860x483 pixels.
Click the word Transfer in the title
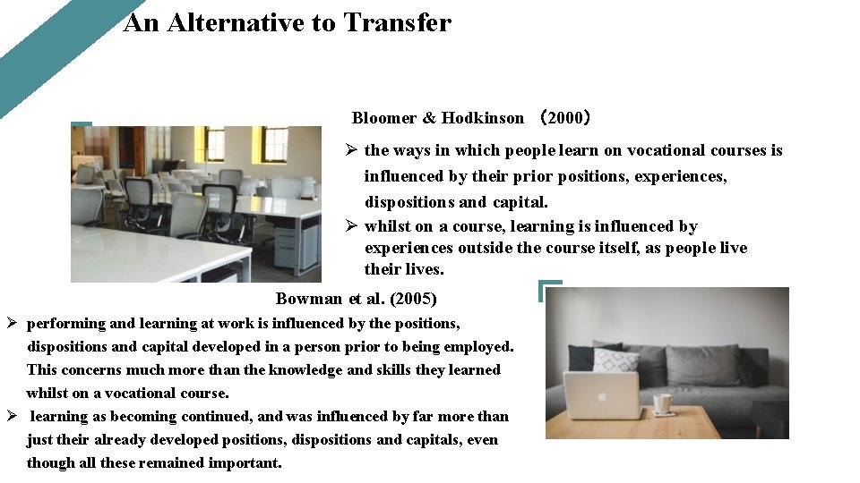point(397,22)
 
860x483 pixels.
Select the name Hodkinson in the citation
point(482,118)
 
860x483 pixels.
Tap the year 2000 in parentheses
point(564,118)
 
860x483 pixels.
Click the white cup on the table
point(662,403)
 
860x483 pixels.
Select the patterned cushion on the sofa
point(616,360)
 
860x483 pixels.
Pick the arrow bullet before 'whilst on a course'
point(352,227)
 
